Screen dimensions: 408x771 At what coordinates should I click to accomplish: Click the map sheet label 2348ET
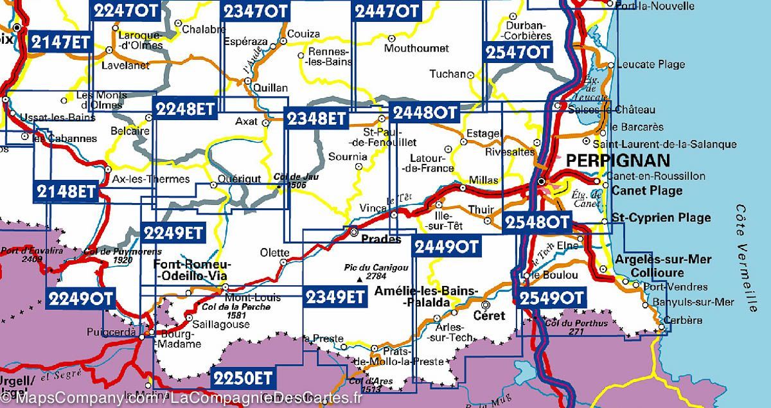point(317,118)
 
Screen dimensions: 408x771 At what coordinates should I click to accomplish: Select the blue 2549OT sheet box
point(550,298)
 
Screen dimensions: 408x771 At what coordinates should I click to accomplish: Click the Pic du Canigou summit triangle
point(359,279)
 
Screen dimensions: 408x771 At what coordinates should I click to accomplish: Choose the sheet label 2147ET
point(61,42)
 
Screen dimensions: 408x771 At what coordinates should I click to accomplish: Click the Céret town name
point(489,316)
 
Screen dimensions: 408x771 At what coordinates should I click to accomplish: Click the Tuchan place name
point(447,75)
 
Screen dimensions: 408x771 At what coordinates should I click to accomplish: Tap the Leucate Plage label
point(650,64)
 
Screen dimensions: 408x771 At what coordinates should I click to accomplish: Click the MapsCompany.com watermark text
point(84,399)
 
